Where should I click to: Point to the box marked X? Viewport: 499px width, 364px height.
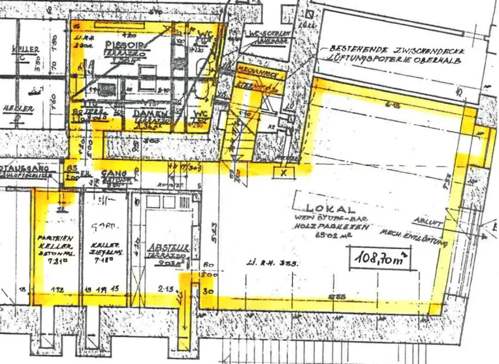point(283,172)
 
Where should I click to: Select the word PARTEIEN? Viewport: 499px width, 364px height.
point(55,238)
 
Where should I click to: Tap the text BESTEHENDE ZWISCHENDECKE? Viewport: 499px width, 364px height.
point(397,51)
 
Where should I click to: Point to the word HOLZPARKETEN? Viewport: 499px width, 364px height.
point(331,227)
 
